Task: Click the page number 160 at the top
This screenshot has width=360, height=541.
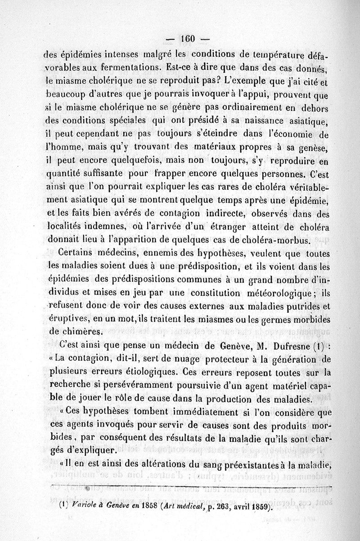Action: (x=186, y=39)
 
